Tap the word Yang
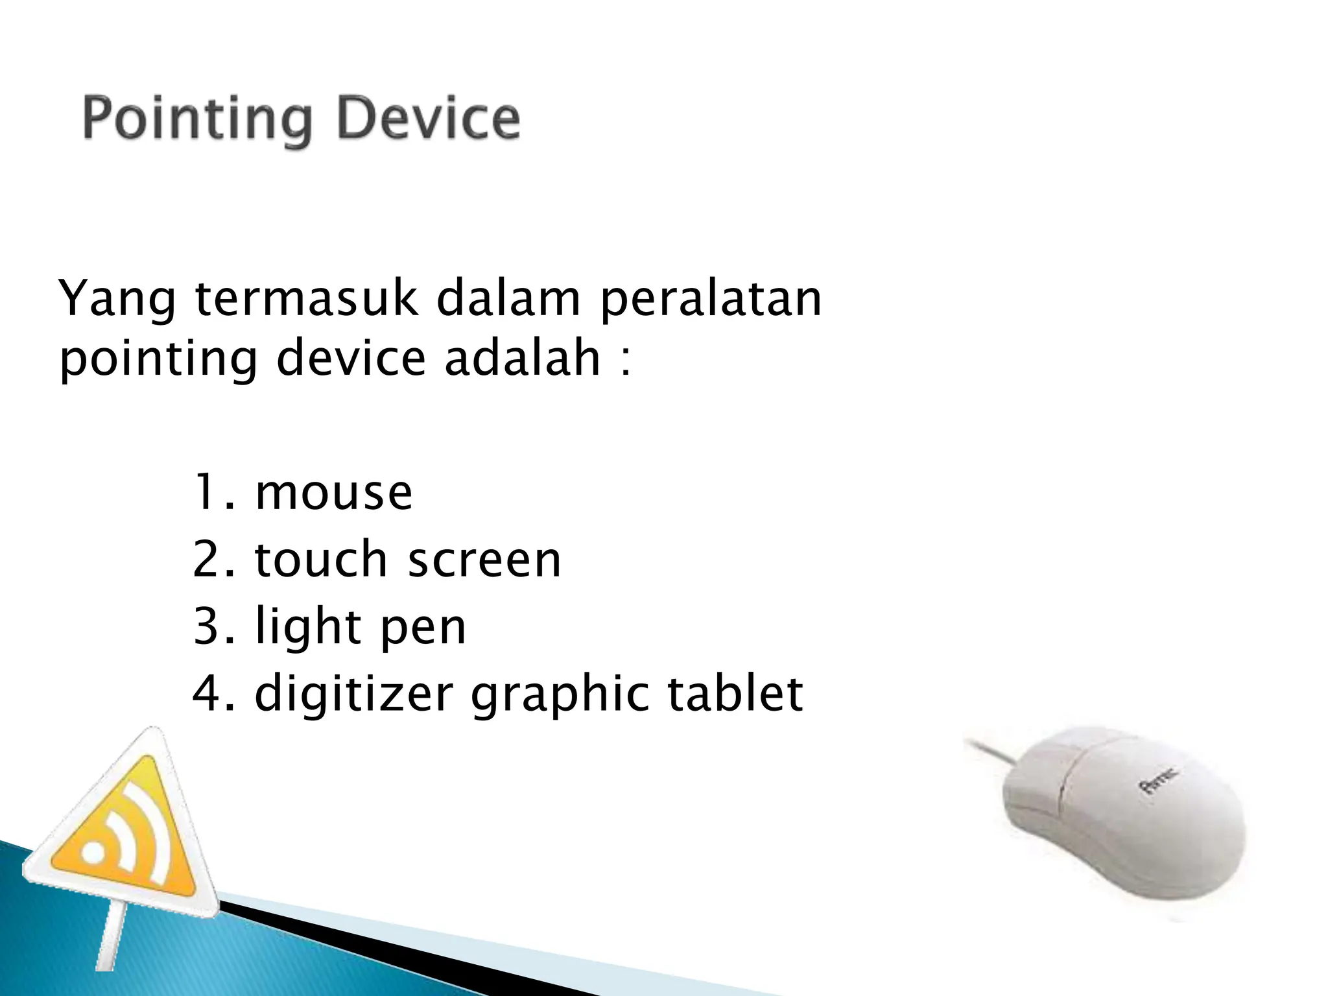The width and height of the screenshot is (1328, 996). click(x=117, y=300)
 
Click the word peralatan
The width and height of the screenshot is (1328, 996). click(x=711, y=300)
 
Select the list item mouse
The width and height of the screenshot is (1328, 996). click(x=333, y=493)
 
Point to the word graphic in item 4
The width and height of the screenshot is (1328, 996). click(x=560, y=695)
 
